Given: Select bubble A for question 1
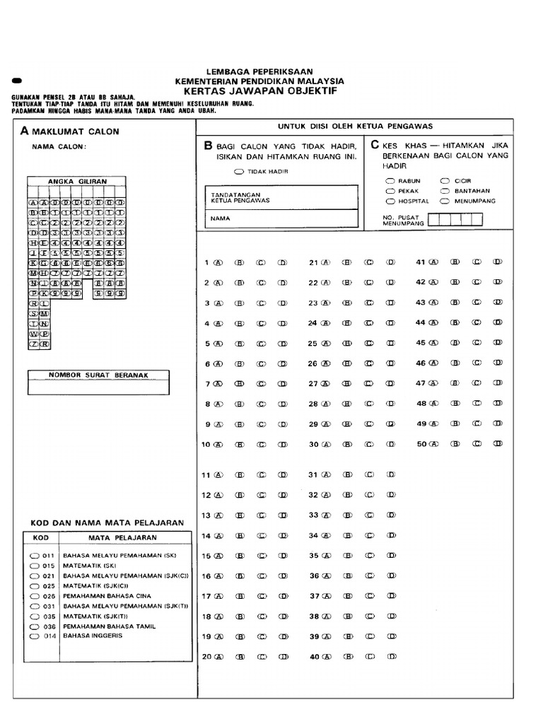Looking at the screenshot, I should (x=218, y=262).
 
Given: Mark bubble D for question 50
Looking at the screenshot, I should (x=498, y=444).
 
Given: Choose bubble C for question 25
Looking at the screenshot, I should (x=368, y=344).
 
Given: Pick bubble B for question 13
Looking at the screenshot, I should (x=240, y=515).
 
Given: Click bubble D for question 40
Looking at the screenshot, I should (x=390, y=657).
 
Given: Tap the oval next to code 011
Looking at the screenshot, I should (x=34, y=556).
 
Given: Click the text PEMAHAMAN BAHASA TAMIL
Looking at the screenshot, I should (x=109, y=626).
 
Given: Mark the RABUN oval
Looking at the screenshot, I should (x=390, y=181).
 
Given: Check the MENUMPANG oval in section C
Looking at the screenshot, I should (x=445, y=201).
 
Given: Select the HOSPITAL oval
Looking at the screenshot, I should (x=390, y=201).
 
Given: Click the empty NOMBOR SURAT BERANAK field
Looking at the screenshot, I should (x=98, y=387).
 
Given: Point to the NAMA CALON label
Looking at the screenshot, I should (x=59, y=147).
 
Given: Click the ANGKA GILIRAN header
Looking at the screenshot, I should (x=77, y=182).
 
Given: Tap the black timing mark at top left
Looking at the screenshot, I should (x=18, y=81).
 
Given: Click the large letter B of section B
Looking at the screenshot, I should (x=208, y=146).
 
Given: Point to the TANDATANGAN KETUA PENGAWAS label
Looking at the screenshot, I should (x=240, y=197).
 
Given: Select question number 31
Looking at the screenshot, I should (x=313, y=475).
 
